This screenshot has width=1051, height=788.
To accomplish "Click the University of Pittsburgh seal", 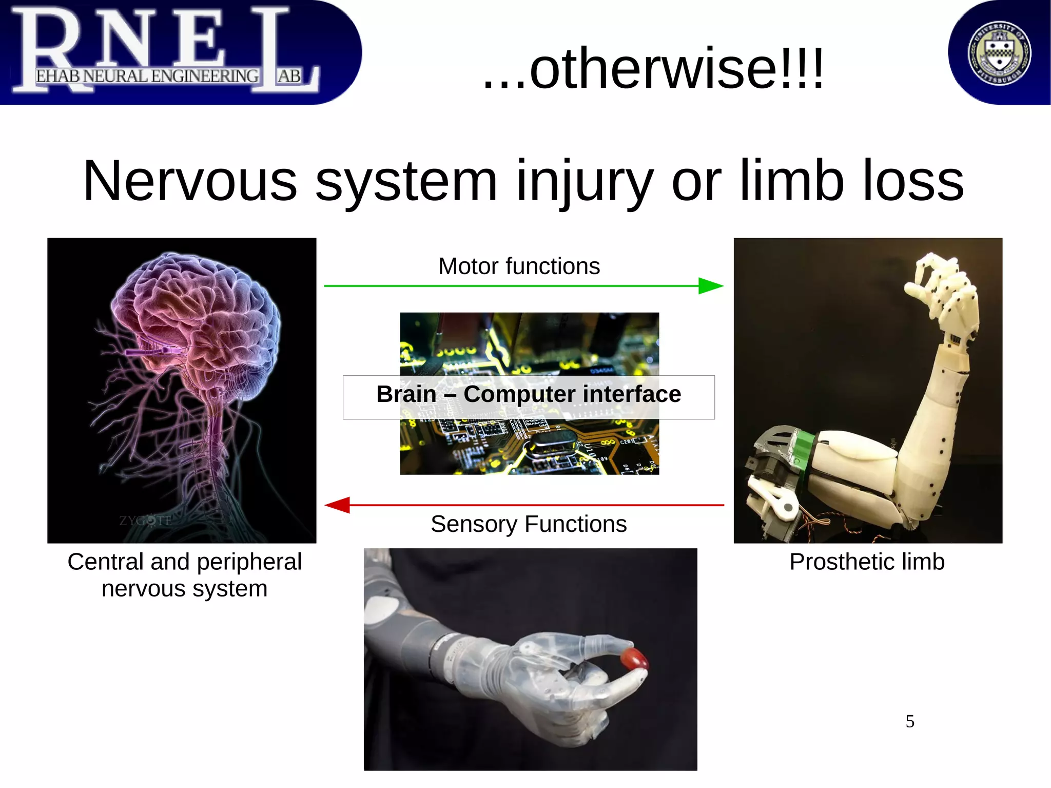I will point(999,53).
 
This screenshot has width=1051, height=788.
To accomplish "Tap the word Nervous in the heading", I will point(190,181).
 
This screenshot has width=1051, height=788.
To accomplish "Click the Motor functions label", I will point(519,266).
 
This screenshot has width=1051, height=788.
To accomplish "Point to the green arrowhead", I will point(710,286).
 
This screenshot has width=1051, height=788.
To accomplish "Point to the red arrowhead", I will point(338,505).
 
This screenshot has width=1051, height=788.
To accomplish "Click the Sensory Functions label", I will point(528,524).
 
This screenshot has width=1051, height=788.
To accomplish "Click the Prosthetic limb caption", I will point(867,562).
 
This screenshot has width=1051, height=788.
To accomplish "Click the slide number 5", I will point(910,721).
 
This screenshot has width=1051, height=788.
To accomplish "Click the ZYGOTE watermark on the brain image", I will point(146,521).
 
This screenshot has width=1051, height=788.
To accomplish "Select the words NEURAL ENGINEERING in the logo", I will point(171,76).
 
